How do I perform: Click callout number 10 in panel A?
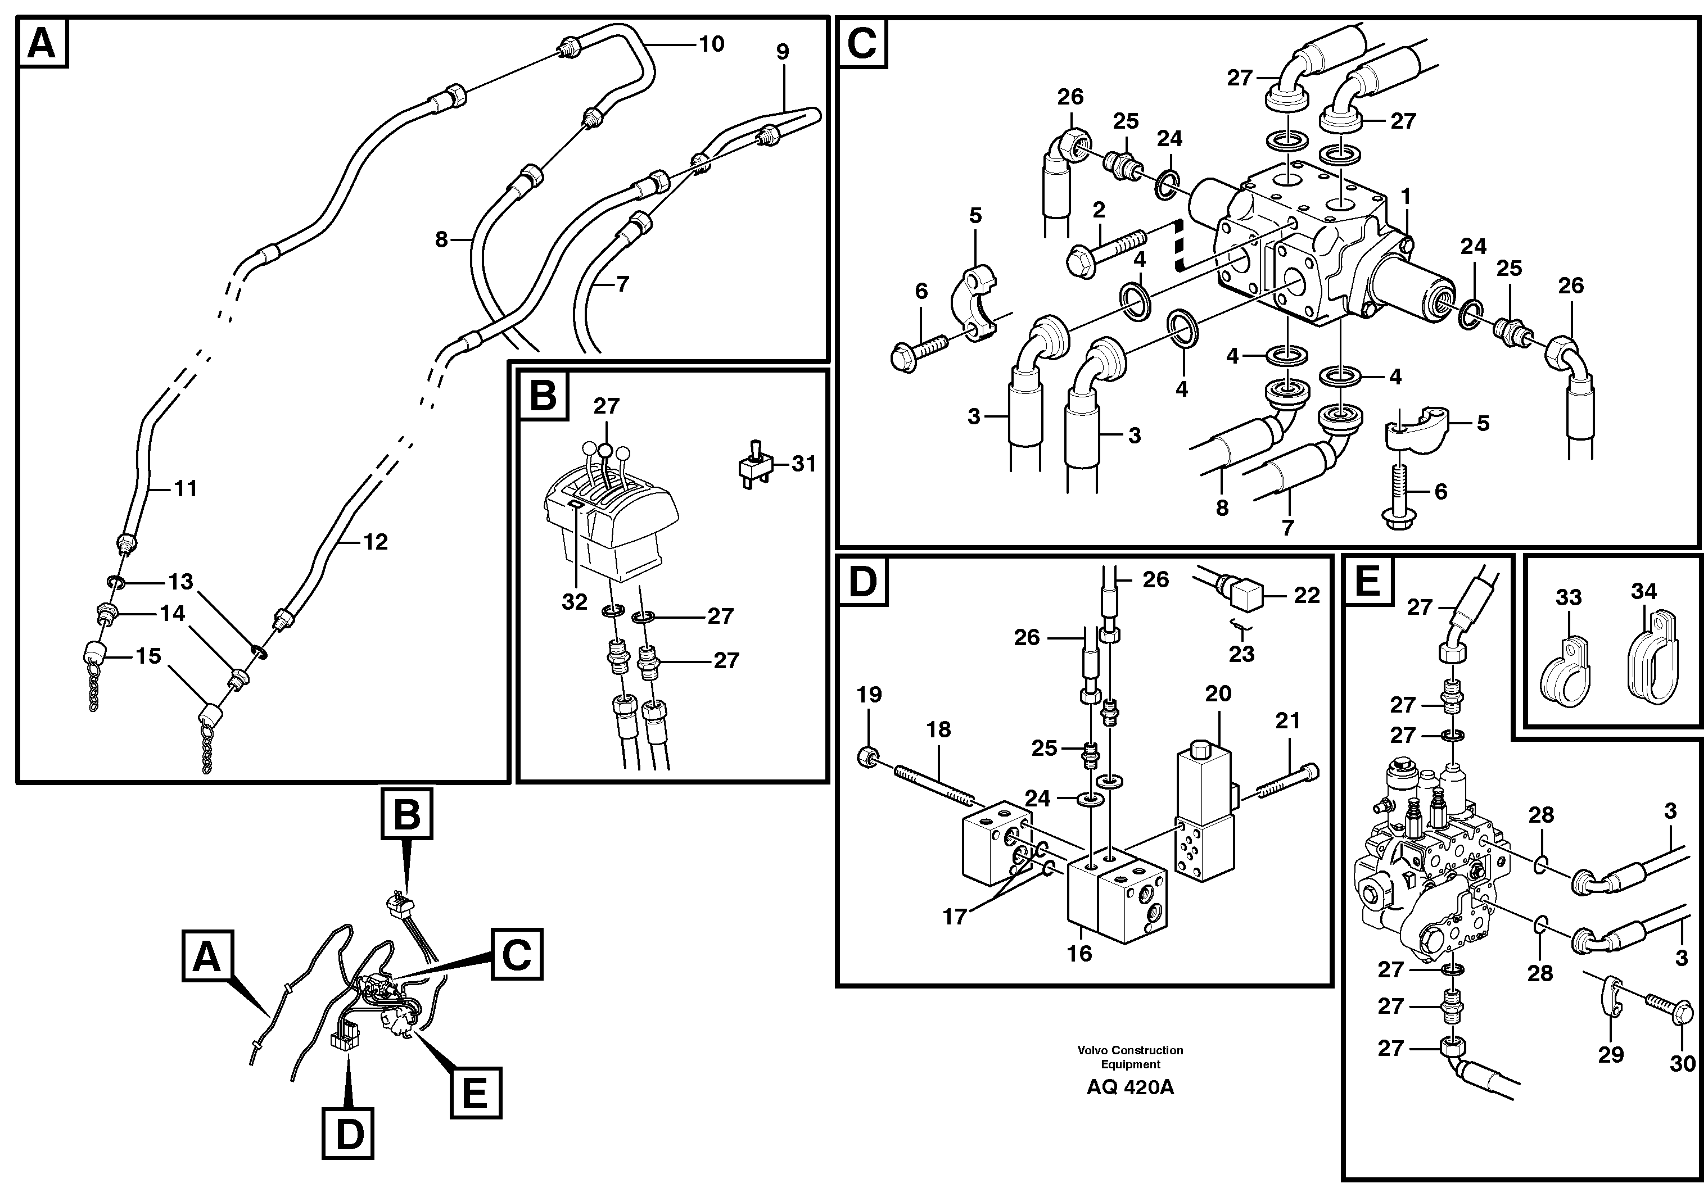[711, 44]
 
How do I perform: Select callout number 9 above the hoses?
[782, 52]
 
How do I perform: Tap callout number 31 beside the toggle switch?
[803, 464]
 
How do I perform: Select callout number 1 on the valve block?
[1405, 197]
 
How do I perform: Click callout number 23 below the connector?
[1241, 654]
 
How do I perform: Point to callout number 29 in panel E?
[1611, 1055]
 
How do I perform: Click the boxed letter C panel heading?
[862, 43]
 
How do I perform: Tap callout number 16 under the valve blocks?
[1079, 953]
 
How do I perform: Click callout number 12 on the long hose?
[375, 542]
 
